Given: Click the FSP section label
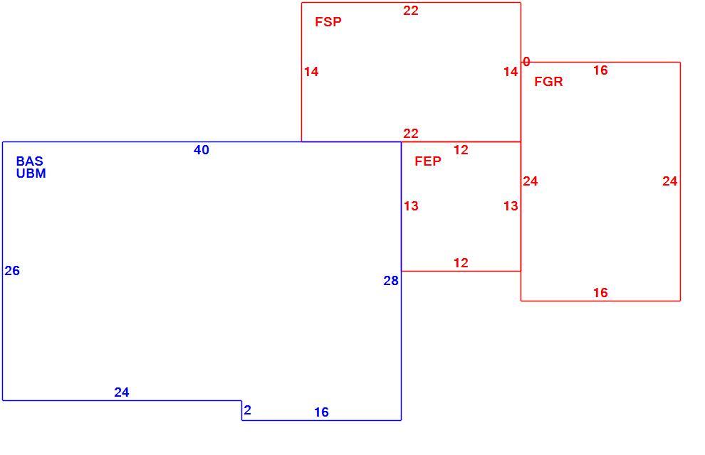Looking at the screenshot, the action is tap(328, 21).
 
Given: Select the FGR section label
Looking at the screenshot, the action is tap(548, 82).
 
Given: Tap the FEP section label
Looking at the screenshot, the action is tap(427, 161).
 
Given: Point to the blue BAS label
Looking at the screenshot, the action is tap(30, 161).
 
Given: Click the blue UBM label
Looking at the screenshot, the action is tap(31, 173).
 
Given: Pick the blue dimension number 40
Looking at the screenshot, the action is tap(202, 150).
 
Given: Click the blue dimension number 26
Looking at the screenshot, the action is tap(12, 271).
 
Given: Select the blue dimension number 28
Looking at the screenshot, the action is tap(391, 281).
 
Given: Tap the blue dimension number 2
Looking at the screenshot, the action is tap(247, 410).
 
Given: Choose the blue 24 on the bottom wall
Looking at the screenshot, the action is tap(122, 392).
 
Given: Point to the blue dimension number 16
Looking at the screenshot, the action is tap(321, 412).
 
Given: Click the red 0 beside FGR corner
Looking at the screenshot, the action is tap(526, 61).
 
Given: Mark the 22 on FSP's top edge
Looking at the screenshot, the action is tap(410, 11).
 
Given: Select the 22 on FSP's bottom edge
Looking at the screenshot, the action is tap(410, 134).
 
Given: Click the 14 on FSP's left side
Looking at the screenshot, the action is tap(311, 72).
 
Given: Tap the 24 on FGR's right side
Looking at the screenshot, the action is tap(669, 181).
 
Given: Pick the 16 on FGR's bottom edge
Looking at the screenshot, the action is tap(600, 293).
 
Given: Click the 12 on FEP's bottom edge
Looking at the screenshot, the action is tap(461, 263).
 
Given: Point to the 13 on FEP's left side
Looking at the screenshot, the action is tap(411, 206).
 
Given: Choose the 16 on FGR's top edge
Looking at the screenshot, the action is tap(600, 70).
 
